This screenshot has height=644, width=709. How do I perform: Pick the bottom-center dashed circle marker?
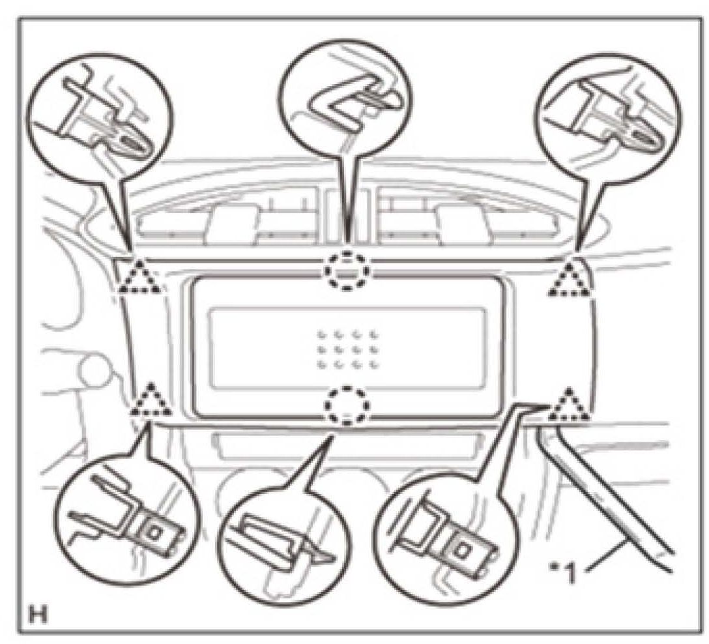click(347, 405)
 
